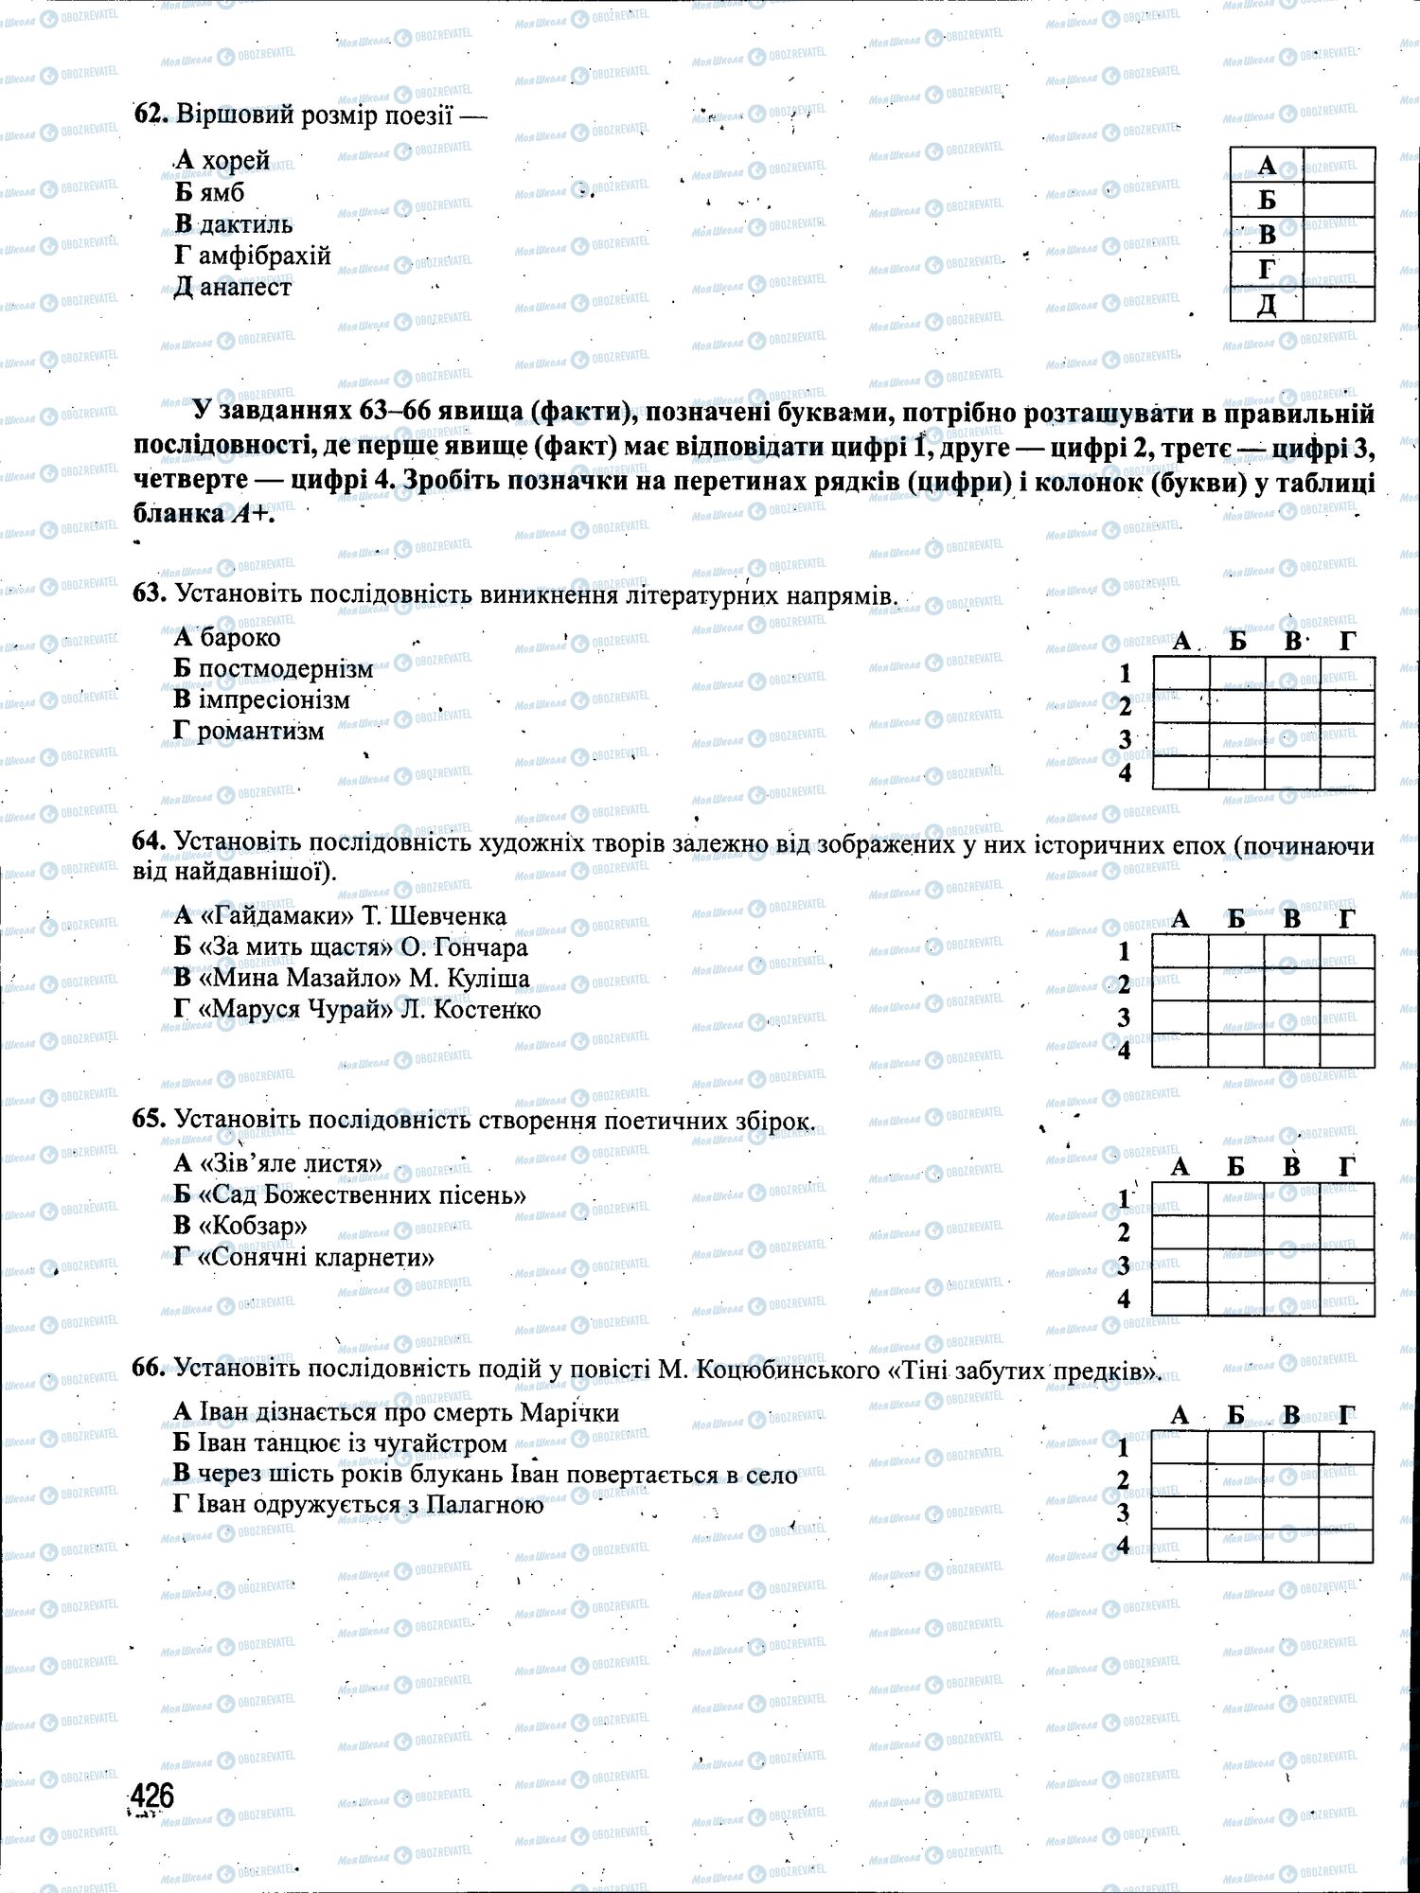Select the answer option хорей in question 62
(x=236, y=161)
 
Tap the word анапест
(x=245, y=287)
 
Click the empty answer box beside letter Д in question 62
(x=1339, y=304)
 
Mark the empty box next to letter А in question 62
(x=1339, y=164)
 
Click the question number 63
(x=150, y=593)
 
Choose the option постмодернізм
(x=286, y=669)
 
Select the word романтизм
(x=261, y=732)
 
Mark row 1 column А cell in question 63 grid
(x=1180, y=674)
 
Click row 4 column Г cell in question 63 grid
(x=1347, y=773)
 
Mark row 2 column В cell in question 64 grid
(x=1291, y=984)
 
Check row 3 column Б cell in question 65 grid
(x=1235, y=1265)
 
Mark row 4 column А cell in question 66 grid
(x=1180, y=1546)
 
